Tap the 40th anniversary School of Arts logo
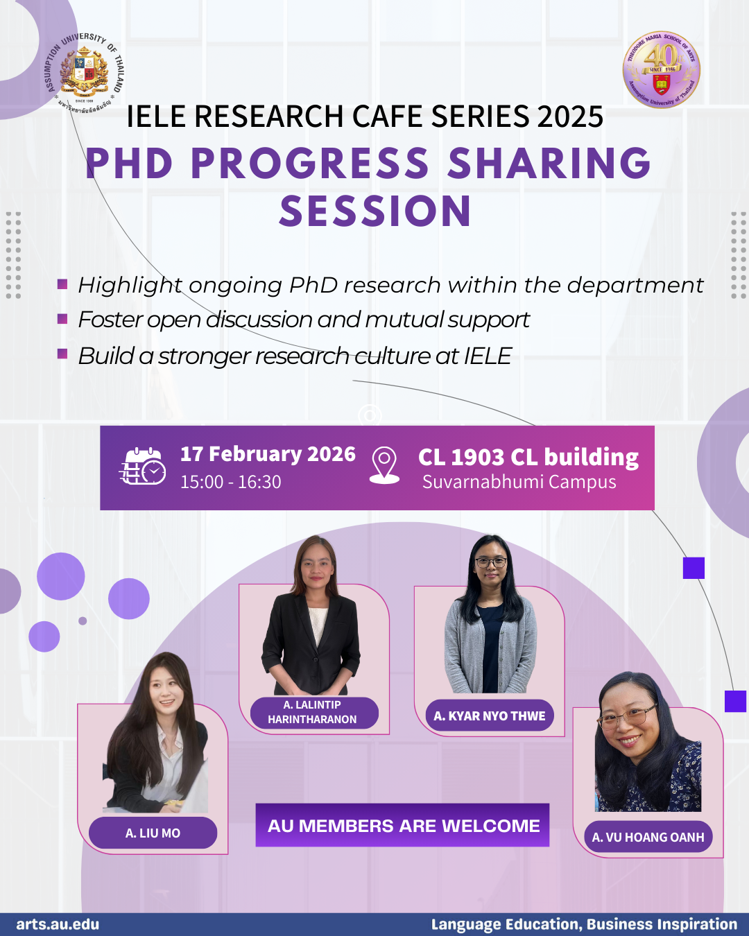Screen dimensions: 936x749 click(662, 69)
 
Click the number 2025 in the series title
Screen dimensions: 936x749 click(570, 116)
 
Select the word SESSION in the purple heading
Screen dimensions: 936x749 click(375, 211)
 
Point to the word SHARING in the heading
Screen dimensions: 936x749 click(549, 164)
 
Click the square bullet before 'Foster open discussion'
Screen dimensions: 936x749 click(62, 319)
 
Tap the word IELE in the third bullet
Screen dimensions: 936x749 click(488, 356)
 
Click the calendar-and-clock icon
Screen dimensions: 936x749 click(143, 466)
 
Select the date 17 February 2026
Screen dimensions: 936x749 click(268, 454)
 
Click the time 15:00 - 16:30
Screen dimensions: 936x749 click(230, 482)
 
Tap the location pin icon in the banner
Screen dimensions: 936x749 click(384, 465)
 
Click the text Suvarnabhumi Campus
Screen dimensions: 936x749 click(519, 482)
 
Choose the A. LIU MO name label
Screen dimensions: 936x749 click(153, 833)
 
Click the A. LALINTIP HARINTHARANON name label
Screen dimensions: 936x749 click(313, 712)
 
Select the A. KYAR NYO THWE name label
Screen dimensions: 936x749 click(490, 716)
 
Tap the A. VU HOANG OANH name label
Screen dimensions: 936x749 click(648, 838)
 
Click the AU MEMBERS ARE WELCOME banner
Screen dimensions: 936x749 click(402, 825)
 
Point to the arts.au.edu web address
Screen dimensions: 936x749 click(58, 924)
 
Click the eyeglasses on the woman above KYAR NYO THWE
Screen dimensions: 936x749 click(490, 562)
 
